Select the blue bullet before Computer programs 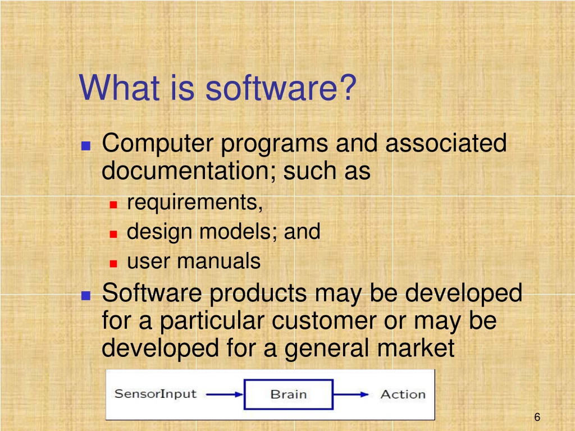(86, 146)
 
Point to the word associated (446, 143)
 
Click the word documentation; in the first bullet (189, 171)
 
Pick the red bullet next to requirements (113, 204)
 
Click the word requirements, (195, 203)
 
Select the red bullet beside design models (113, 234)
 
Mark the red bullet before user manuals (113, 263)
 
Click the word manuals (218, 261)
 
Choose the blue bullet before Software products (86, 295)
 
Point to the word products (258, 294)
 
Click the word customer (324, 321)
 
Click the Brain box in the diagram (289, 395)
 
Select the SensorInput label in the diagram (156, 394)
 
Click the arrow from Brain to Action (351, 395)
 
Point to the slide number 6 (537, 417)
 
